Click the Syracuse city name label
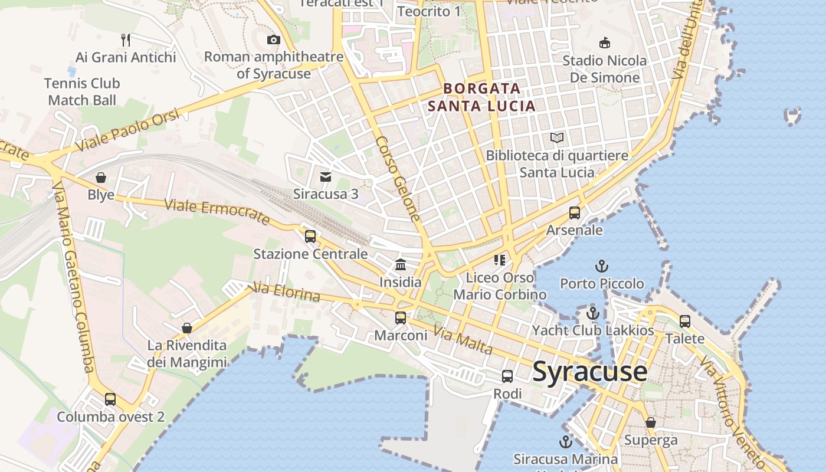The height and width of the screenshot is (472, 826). [x=589, y=372]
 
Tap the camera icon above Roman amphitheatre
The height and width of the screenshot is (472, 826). [x=273, y=40]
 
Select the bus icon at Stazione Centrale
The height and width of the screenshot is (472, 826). [x=310, y=237]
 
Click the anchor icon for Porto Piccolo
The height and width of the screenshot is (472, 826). [x=602, y=266]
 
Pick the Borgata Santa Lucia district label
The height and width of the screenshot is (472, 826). [x=482, y=97]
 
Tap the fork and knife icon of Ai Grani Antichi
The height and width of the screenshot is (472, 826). [x=126, y=40]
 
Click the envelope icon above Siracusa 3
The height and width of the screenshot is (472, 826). [x=325, y=176]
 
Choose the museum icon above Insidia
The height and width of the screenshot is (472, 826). [x=401, y=264]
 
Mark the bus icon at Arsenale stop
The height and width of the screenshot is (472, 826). [x=575, y=212]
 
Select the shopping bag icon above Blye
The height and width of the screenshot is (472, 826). [x=101, y=177]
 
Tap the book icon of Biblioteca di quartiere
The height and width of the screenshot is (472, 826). [x=557, y=138]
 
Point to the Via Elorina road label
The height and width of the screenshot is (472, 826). [x=286, y=292]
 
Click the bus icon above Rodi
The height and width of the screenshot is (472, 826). [x=507, y=376]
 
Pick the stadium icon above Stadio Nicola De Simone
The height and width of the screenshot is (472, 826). [x=605, y=42]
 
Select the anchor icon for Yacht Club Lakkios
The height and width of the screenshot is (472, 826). [x=593, y=313]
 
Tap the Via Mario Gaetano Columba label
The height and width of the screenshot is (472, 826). [x=74, y=277]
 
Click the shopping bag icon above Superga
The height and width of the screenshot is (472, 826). [x=651, y=422]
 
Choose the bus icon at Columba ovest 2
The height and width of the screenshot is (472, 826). [x=110, y=399]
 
